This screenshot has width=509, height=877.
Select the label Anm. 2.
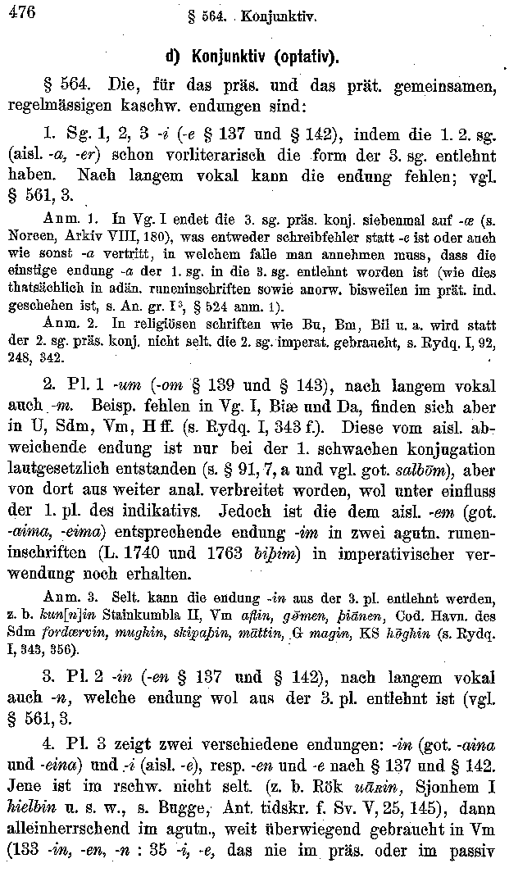63,329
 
